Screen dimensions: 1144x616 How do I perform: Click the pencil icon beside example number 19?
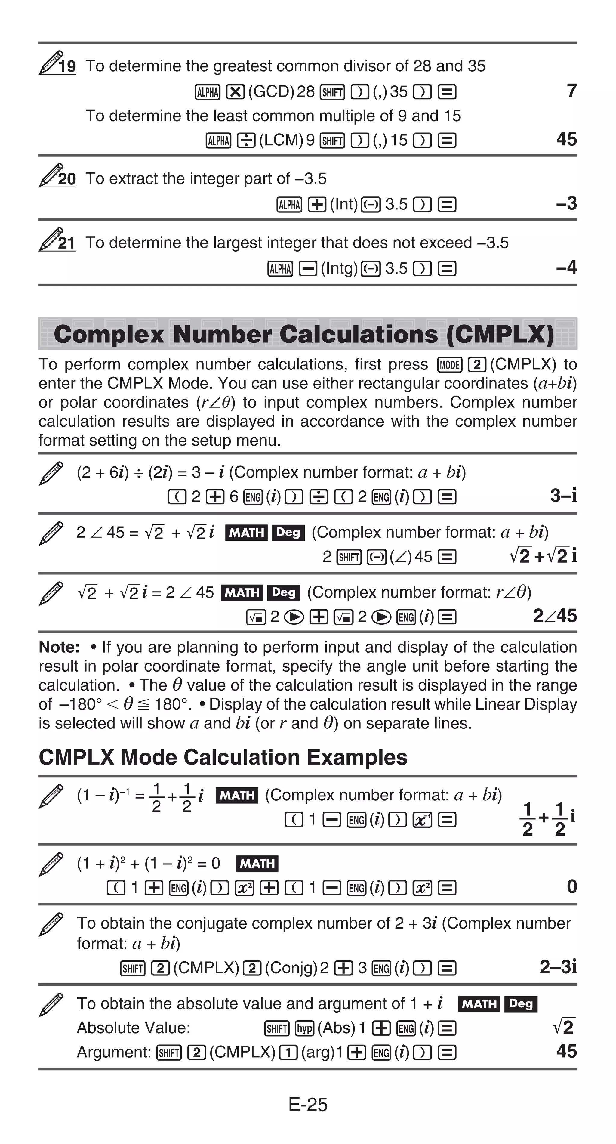click(50, 63)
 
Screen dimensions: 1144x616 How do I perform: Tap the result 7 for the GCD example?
click(571, 91)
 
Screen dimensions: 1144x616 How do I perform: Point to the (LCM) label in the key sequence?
click(281, 140)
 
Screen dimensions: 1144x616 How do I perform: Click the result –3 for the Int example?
click(566, 204)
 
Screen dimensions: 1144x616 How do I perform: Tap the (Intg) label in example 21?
click(339, 268)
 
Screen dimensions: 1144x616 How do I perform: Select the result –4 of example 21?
click(566, 267)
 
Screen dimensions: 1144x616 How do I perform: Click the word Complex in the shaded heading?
click(109, 334)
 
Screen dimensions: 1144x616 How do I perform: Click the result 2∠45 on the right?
click(554, 616)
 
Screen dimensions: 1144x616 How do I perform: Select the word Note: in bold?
click(59, 647)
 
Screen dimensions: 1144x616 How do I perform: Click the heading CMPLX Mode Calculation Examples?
click(223, 757)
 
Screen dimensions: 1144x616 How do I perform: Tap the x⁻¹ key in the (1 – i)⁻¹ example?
click(422, 820)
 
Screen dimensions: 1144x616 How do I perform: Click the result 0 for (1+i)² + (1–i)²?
click(571, 887)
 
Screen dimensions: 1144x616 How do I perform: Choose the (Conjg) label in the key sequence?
click(291, 968)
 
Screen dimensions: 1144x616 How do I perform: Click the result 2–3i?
click(558, 967)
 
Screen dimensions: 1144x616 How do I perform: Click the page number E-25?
click(308, 1105)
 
